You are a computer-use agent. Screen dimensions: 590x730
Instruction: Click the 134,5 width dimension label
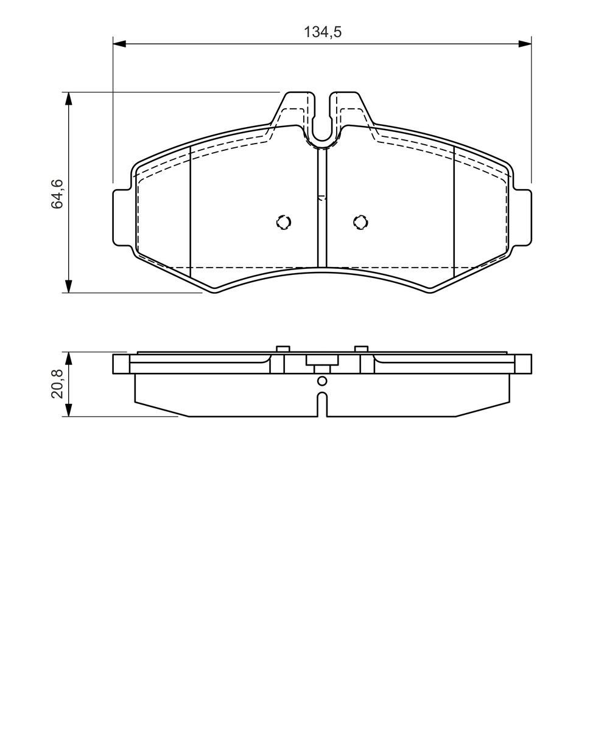(x=323, y=32)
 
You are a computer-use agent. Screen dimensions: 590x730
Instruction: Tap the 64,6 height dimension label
(x=57, y=193)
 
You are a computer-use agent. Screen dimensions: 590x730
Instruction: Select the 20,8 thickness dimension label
(x=57, y=384)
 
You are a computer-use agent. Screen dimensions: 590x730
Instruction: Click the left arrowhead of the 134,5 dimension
(x=119, y=44)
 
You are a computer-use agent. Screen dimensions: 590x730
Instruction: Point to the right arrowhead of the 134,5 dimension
(x=525, y=44)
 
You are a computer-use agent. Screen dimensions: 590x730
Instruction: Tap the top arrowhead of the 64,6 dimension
(x=69, y=99)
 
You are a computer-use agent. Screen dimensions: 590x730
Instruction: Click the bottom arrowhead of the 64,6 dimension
(x=69, y=286)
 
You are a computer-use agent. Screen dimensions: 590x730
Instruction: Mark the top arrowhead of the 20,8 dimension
(x=69, y=358)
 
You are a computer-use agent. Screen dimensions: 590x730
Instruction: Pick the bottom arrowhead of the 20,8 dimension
(x=69, y=410)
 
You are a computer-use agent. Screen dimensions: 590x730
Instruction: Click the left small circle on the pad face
(x=284, y=223)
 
